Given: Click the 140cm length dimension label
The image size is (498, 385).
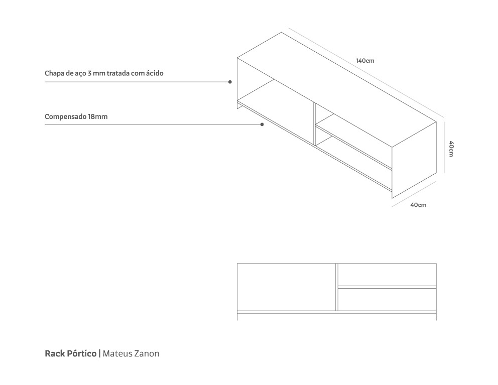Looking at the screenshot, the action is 365,61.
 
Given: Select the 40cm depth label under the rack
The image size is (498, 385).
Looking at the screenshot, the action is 418,205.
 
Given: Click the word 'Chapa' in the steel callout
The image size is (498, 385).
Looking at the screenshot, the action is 54,73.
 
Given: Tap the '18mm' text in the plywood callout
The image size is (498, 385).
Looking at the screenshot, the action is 97,116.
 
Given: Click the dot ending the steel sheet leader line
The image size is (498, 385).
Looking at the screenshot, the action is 230,81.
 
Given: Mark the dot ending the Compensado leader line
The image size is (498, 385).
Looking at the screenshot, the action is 262,124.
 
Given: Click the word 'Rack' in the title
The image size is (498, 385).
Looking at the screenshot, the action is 55,353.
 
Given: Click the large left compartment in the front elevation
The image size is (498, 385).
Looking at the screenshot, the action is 286,287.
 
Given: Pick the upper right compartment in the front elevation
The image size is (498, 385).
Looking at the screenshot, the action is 387,274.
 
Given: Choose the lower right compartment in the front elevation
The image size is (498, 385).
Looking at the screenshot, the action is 387,299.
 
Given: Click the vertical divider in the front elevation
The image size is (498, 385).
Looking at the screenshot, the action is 336,287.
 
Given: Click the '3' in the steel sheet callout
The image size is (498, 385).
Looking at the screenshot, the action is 89,73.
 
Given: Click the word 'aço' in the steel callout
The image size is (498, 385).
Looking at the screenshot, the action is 80,73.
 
